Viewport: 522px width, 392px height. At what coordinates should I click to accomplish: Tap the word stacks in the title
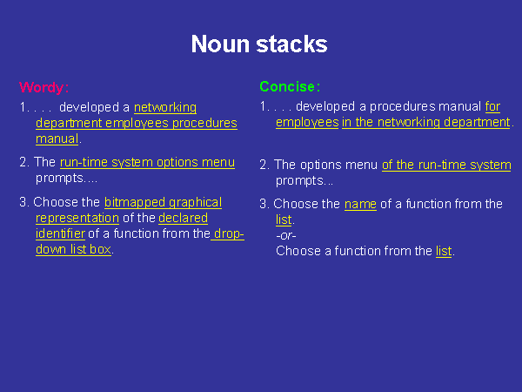click(x=292, y=44)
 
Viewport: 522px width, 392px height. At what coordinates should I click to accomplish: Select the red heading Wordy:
click(x=44, y=87)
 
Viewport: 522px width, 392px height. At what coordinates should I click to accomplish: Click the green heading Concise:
click(x=290, y=86)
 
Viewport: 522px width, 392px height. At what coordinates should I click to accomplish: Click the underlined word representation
click(x=77, y=218)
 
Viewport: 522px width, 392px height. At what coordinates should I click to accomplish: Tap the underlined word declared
click(x=183, y=218)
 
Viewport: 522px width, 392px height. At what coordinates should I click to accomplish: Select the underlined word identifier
click(x=60, y=233)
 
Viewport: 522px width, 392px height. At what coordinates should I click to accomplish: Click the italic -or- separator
click(x=286, y=235)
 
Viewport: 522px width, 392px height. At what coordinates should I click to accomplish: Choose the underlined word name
click(x=360, y=204)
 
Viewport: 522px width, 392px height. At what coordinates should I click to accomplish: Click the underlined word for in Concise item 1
click(x=492, y=106)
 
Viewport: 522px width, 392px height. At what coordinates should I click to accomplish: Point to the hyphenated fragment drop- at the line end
click(x=229, y=233)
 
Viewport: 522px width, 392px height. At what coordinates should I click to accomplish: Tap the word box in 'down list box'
click(x=100, y=249)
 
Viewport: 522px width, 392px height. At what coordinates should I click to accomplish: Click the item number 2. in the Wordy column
click(x=24, y=162)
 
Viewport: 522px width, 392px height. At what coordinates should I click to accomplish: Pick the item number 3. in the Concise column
click(x=264, y=204)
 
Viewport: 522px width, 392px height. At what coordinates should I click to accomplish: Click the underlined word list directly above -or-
click(x=284, y=220)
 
